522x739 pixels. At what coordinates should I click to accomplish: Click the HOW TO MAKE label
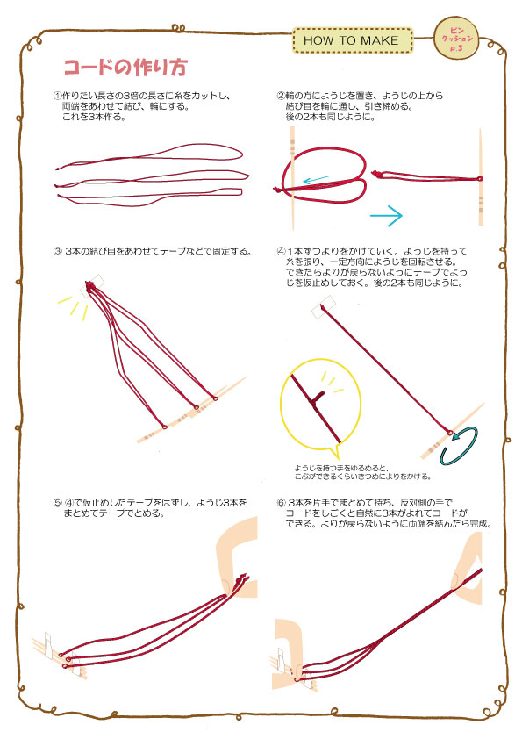[353, 40]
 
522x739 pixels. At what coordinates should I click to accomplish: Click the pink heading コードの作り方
[125, 68]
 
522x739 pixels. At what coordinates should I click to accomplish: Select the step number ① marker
[57, 96]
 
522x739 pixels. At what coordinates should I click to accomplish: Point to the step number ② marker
[281, 96]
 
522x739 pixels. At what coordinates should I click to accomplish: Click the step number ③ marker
[57, 252]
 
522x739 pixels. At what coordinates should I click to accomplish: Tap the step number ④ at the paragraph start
[281, 251]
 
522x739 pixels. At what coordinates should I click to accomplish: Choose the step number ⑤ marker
[57, 503]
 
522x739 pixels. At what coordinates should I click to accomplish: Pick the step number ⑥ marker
[281, 503]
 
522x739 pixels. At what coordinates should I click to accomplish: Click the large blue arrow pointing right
[386, 216]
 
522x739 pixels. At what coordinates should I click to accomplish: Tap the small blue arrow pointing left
[316, 180]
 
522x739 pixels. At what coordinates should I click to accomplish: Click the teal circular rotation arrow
[460, 446]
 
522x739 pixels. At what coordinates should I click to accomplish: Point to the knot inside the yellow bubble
[316, 398]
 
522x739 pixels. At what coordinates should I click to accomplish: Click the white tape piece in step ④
[324, 307]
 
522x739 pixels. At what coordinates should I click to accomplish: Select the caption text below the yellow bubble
[362, 472]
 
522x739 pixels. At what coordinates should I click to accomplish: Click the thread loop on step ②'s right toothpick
[480, 179]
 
